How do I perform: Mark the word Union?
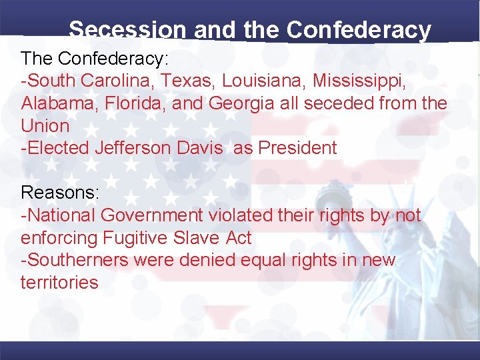coord(45,125)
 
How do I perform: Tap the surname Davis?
coord(200,148)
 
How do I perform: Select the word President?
coord(298,148)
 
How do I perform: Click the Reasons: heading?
coord(60,193)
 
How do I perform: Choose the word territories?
coord(59,282)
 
